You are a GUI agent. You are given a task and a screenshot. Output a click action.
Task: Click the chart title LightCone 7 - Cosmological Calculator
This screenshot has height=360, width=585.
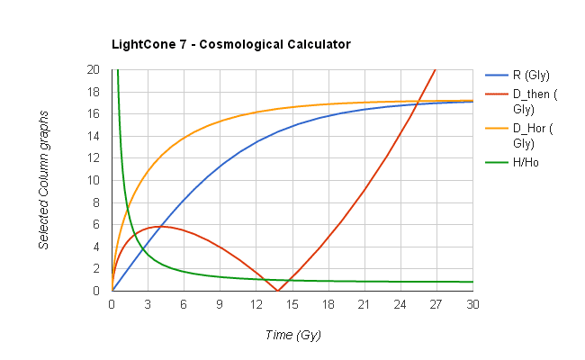click(230, 44)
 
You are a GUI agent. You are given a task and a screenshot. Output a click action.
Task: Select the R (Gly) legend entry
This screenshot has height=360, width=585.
click(531, 75)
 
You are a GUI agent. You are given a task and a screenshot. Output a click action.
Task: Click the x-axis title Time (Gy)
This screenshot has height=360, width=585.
click(292, 335)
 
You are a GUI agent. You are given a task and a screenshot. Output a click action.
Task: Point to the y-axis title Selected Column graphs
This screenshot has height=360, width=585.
click(43, 180)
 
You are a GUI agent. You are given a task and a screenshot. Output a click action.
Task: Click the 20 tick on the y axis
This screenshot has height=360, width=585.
click(94, 69)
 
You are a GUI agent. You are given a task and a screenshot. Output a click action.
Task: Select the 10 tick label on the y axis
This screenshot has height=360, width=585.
click(94, 180)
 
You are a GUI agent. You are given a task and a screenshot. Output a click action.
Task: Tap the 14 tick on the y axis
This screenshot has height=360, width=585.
click(94, 136)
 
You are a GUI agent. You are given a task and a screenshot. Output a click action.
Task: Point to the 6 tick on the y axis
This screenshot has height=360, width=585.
click(97, 224)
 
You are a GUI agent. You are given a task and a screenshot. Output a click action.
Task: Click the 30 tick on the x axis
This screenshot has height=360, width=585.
click(472, 304)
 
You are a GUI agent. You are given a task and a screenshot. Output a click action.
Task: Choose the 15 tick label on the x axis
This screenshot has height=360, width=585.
click(292, 304)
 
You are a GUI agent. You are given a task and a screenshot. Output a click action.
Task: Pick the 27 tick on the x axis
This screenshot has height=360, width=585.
click(436, 304)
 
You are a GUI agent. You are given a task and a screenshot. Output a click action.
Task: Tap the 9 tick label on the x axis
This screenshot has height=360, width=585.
click(220, 304)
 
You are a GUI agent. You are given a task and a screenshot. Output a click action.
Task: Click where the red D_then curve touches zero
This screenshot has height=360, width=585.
click(278, 290)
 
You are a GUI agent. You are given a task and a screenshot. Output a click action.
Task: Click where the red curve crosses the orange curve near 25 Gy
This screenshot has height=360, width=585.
click(419, 102)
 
